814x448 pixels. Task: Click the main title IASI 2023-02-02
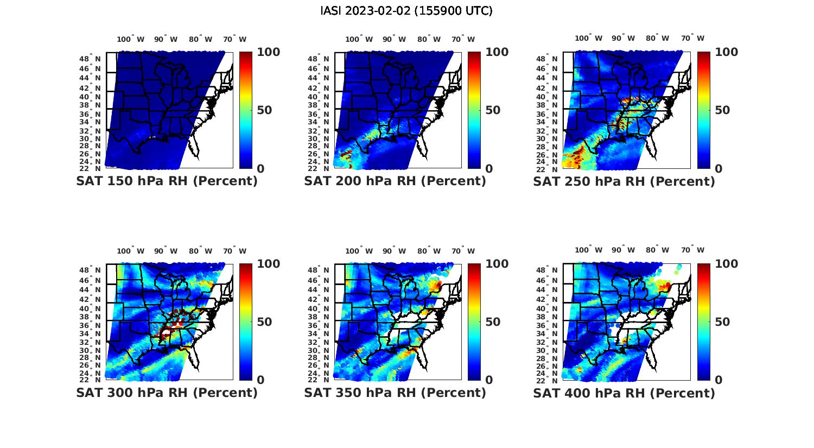click(x=406, y=11)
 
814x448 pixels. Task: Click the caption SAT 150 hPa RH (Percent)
click(x=167, y=181)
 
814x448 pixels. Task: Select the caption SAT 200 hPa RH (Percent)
click(x=395, y=181)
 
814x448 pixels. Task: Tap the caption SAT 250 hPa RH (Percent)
click(x=624, y=181)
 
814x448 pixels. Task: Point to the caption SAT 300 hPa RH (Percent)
click(x=167, y=393)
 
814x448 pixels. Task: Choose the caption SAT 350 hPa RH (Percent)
click(x=395, y=393)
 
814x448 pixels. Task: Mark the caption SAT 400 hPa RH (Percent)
click(x=624, y=393)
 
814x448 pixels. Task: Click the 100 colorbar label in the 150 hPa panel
click(x=269, y=52)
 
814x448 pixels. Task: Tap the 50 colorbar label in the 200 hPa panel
click(x=493, y=110)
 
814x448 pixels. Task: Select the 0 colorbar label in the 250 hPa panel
click(x=718, y=169)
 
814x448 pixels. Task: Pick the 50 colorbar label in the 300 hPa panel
click(x=265, y=322)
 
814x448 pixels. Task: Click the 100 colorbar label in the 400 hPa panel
click(x=727, y=264)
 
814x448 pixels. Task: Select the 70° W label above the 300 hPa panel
click(x=234, y=251)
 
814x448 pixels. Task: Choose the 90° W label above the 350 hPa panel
click(x=394, y=251)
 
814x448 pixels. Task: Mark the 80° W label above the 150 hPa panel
click(x=201, y=39)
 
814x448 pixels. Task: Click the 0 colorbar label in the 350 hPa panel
click(x=489, y=380)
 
